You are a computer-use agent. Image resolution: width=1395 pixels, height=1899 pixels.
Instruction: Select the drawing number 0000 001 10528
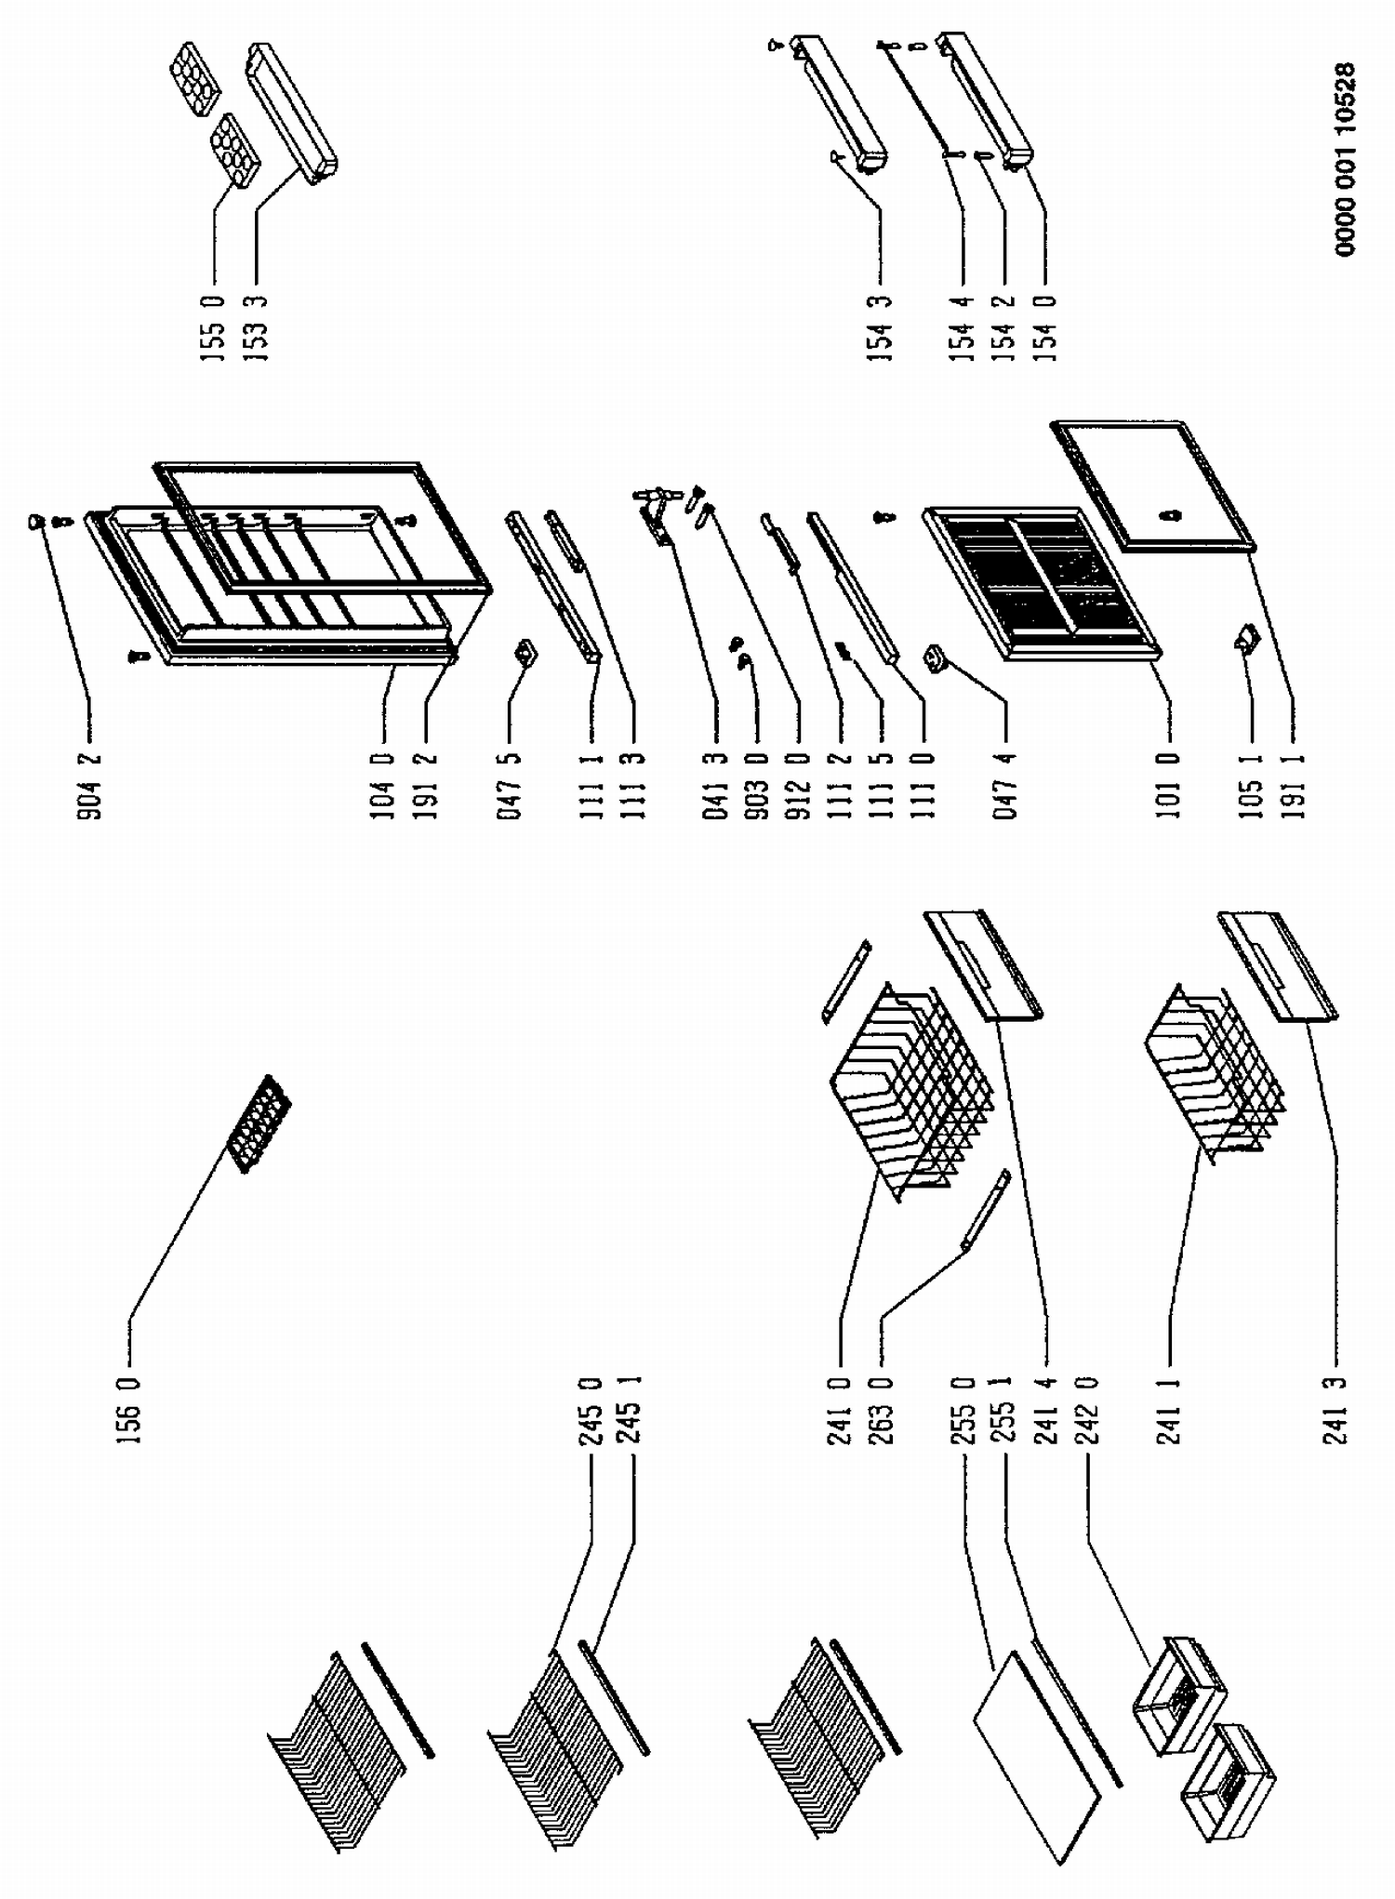1346,159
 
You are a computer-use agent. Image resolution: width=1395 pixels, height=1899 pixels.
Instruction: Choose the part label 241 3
1337,1409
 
